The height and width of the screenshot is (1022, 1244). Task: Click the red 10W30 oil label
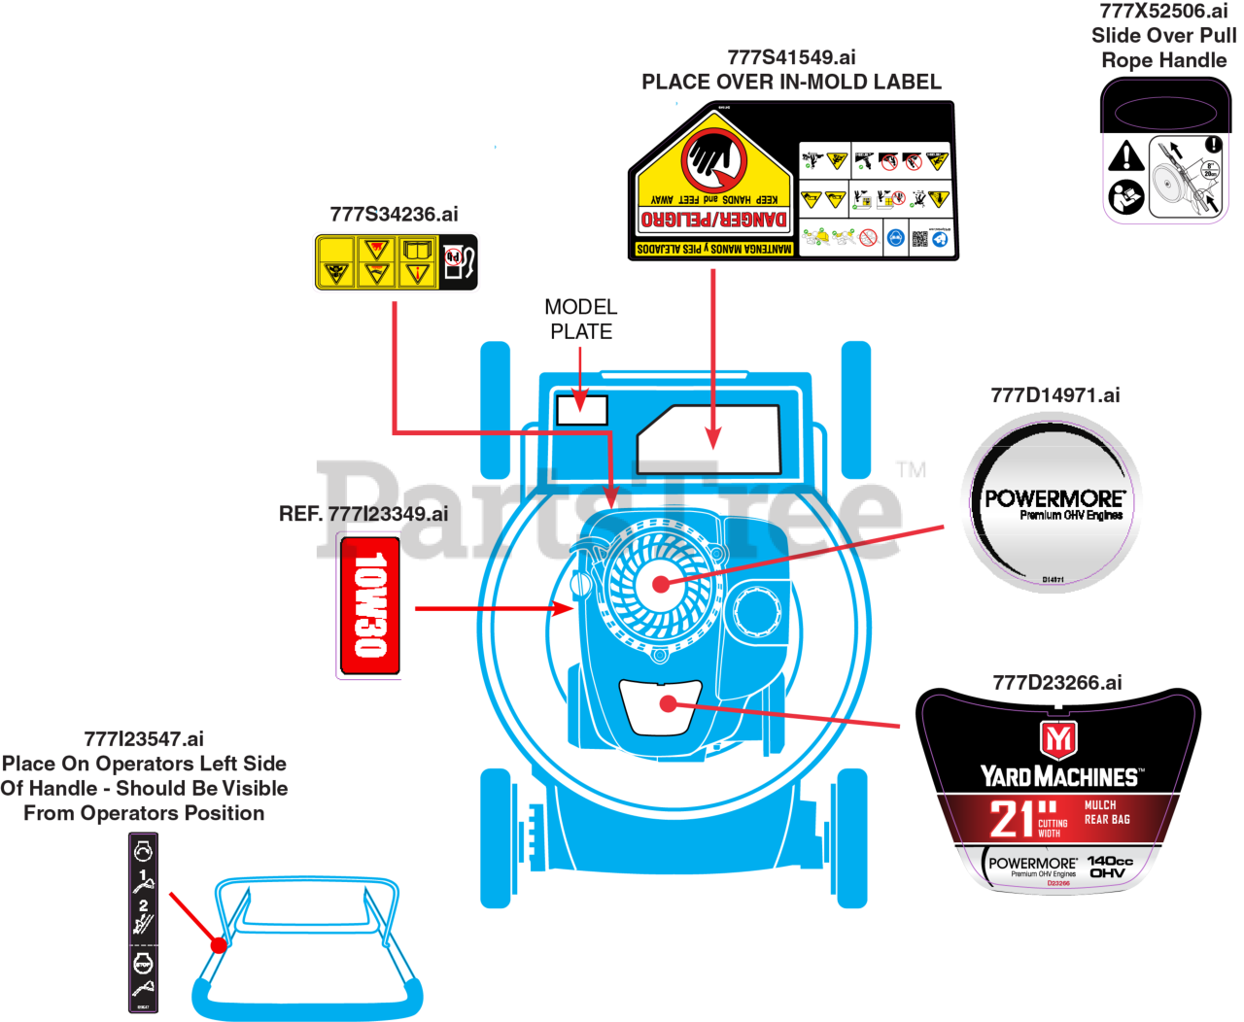368,605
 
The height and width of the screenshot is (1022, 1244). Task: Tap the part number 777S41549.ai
791,57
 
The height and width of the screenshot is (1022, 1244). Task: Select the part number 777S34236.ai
394,215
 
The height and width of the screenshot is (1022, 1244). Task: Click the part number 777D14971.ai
1054,395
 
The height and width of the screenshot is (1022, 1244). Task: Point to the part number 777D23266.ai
1057,683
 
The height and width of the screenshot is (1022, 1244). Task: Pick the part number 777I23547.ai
144,739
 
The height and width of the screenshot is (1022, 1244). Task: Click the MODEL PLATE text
580,320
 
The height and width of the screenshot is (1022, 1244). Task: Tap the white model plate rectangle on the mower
581,410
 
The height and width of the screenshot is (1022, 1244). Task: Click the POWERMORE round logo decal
1048,508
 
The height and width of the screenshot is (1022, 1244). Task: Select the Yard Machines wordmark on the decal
1058,776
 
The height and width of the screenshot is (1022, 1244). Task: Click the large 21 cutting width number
1012,819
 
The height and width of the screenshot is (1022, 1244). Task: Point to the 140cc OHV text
1109,867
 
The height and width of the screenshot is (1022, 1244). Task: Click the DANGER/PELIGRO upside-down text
713,220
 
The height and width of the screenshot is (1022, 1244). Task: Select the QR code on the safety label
918,238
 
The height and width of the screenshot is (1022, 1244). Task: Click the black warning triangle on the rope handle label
1125,155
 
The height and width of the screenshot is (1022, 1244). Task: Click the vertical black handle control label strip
144,923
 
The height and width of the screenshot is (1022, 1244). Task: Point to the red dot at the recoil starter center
661,584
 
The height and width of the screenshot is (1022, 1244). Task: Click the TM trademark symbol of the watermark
911,469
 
